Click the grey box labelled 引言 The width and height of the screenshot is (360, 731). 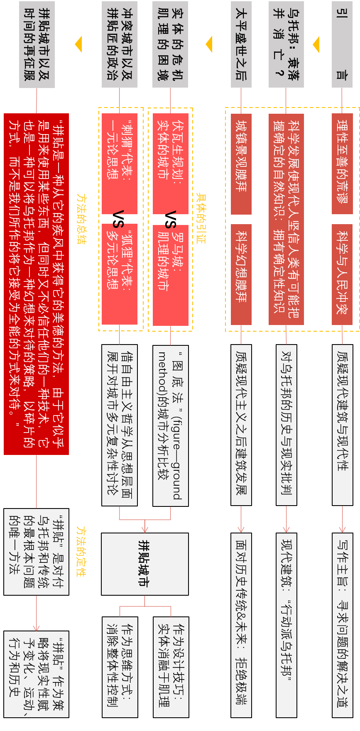click(x=342, y=44)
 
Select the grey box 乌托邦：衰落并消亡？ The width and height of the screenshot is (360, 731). click(x=286, y=44)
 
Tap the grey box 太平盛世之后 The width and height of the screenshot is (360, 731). click(x=241, y=44)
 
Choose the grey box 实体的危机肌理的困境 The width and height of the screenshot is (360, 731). click(x=170, y=44)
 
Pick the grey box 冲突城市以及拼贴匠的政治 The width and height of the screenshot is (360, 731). click(x=120, y=44)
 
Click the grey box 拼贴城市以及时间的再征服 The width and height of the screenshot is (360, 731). click(x=37, y=44)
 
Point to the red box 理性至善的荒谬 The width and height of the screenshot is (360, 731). click(x=342, y=164)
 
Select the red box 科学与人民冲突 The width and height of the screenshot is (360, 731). click(x=342, y=274)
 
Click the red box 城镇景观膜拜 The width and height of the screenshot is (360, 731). click(x=241, y=164)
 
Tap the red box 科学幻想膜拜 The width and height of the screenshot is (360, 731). click(x=241, y=274)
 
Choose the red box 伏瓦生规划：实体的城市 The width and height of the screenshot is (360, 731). click(x=170, y=164)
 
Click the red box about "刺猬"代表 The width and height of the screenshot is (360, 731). click(x=120, y=164)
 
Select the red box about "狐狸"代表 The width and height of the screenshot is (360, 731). click(x=120, y=274)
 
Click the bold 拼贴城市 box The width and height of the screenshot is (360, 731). click(x=144, y=564)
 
